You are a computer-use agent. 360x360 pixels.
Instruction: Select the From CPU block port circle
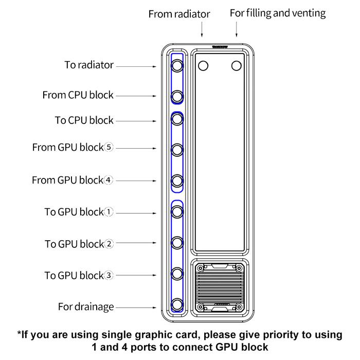pos(177,96)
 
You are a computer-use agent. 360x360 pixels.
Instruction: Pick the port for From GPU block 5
pos(177,150)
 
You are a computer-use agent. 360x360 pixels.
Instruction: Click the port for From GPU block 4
pos(177,181)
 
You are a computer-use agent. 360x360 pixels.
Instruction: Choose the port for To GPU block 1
pos(177,211)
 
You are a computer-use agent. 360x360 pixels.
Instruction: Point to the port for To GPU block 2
pos(177,242)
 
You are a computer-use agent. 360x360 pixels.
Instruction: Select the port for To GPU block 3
pos(177,273)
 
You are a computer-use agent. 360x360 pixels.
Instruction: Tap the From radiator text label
pos(179,14)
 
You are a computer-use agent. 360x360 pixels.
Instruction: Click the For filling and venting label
pos(278,13)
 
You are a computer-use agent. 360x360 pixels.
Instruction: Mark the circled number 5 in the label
pos(108,148)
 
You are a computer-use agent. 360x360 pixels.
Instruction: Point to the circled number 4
pos(108,180)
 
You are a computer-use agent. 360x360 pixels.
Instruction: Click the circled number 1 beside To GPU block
pos(108,212)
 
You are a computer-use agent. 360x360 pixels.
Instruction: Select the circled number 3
pos(108,276)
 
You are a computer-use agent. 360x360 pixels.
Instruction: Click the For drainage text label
pos(86,307)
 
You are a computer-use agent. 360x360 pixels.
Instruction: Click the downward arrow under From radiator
pos(202,32)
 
